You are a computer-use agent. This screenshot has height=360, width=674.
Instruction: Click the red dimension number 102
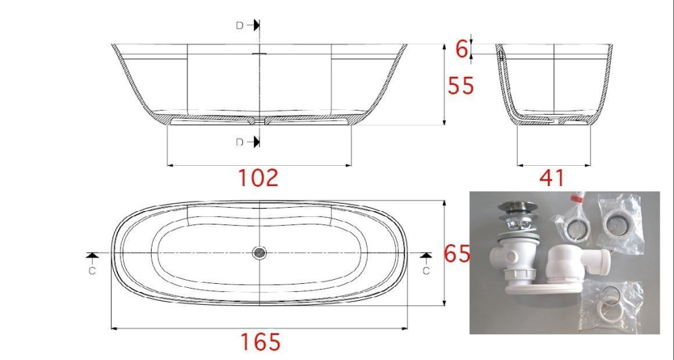click(258, 177)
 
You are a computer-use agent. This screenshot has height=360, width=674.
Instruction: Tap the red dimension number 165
click(260, 342)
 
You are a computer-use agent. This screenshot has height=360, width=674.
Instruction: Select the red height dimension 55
click(461, 86)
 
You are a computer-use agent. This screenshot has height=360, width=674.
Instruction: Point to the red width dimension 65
click(457, 253)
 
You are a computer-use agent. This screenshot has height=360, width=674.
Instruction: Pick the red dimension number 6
click(462, 50)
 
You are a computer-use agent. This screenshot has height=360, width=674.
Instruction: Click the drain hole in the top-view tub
click(259, 253)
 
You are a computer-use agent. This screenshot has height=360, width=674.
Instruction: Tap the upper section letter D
click(240, 26)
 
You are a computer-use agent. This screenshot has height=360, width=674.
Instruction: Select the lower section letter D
click(240, 142)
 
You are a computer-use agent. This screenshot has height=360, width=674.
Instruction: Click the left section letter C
click(92, 271)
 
